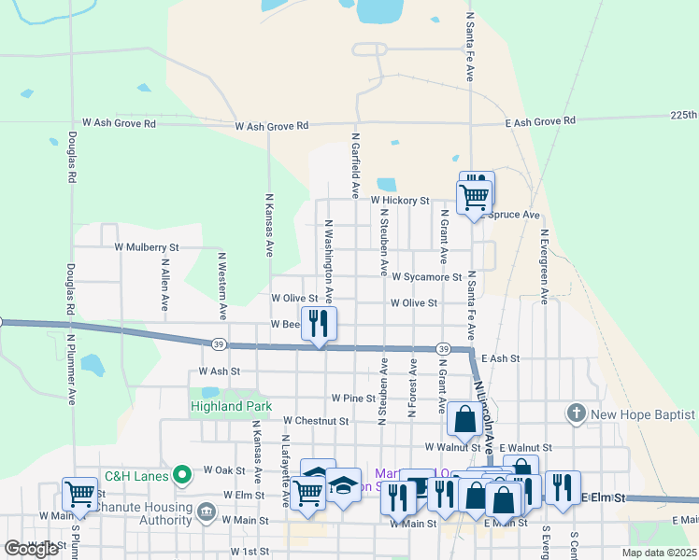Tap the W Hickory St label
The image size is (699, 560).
(399, 200)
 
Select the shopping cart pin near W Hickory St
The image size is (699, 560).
(474, 197)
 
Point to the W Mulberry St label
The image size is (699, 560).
(146, 247)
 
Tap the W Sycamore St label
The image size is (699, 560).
(427, 277)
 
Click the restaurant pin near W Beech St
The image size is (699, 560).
(320, 324)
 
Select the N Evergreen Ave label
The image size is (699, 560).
(544, 262)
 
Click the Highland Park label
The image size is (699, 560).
(231, 406)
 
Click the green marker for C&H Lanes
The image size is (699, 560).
(184, 475)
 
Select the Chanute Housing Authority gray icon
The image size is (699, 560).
(206, 513)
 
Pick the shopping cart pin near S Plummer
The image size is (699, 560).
(79, 493)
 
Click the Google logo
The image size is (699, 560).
(32, 549)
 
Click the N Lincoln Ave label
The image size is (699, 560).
(484, 410)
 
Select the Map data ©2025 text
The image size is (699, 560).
(658, 553)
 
